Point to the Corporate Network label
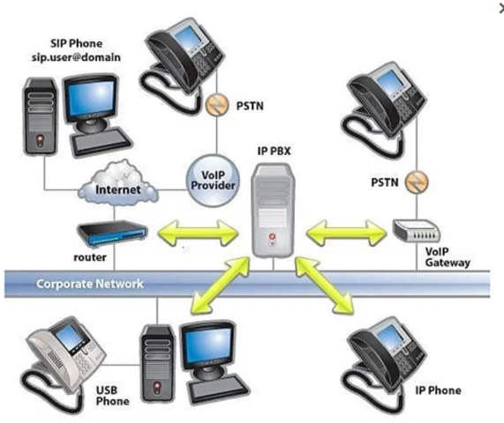click(x=89, y=285)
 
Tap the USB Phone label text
click(x=112, y=394)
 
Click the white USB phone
click(x=62, y=352)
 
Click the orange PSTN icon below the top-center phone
click(x=213, y=105)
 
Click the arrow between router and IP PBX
click(x=195, y=234)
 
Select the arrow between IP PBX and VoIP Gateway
click(x=347, y=234)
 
